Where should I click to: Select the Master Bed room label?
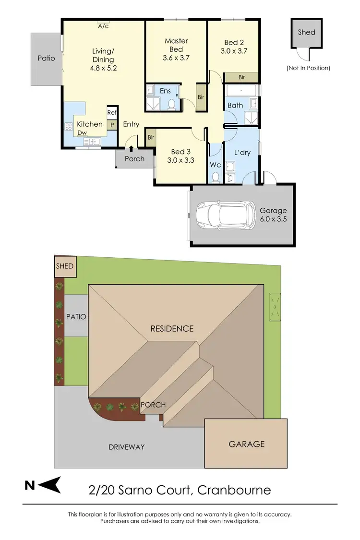click(176, 45)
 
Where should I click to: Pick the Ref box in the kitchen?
click(112, 113)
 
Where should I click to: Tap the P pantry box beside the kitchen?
click(112, 124)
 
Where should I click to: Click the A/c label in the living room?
click(103, 26)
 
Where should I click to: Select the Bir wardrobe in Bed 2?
click(241, 77)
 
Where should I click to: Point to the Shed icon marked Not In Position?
click(306, 36)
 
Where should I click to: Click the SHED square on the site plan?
click(65, 266)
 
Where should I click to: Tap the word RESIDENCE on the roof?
click(172, 329)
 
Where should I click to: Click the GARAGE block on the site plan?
click(246, 444)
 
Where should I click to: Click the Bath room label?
click(235, 105)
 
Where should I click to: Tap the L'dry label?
click(242, 153)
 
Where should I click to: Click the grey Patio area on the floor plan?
click(47, 58)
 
